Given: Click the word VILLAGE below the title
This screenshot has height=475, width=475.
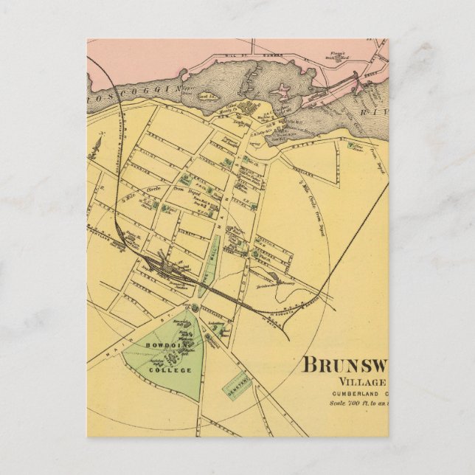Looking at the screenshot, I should tap(362, 382).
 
